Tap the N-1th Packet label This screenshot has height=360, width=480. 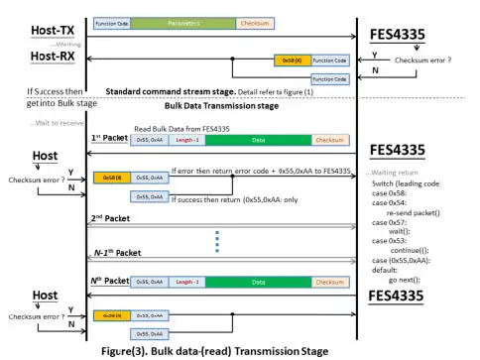point(113,255)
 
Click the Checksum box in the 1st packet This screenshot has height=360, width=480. point(329,141)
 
